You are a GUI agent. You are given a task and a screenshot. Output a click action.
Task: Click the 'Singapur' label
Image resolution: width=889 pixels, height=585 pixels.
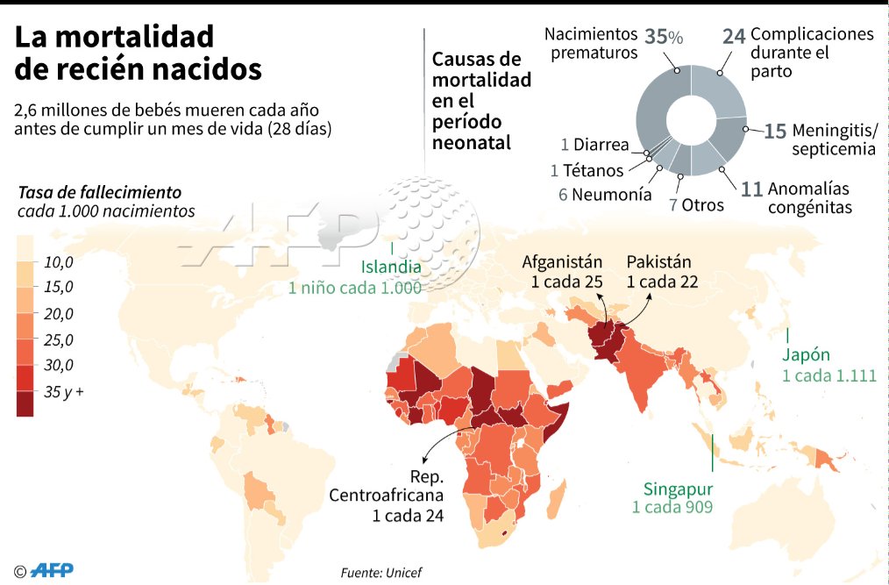[677, 489]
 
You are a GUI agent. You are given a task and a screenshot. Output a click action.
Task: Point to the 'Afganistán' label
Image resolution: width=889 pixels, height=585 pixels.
[563, 261]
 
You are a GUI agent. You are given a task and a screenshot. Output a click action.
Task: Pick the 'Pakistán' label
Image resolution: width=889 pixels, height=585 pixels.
[659, 261]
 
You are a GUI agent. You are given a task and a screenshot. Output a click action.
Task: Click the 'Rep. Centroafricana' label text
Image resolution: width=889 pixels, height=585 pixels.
[387, 496]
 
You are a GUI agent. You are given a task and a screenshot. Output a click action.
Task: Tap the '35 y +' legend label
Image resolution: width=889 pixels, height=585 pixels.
[64, 392]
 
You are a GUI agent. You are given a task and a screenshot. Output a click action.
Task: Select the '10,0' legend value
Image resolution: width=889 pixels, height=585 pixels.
[59, 262]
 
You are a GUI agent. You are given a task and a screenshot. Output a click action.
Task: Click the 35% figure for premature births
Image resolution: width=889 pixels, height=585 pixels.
[664, 37]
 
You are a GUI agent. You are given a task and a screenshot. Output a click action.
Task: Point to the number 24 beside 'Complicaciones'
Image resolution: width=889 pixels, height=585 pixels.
[734, 36]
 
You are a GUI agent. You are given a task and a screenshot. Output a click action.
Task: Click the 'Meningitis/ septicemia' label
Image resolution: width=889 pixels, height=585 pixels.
[833, 139]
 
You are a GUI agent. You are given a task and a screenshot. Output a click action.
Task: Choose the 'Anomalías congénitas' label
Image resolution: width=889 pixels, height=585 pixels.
[809, 198]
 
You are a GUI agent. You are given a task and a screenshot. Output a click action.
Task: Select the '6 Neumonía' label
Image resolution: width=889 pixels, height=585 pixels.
[605, 195]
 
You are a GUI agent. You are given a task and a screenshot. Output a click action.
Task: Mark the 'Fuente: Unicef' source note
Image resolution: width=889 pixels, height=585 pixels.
[381, 572]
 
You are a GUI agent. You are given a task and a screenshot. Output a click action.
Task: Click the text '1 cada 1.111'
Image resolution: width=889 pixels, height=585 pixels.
[829, 375]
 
